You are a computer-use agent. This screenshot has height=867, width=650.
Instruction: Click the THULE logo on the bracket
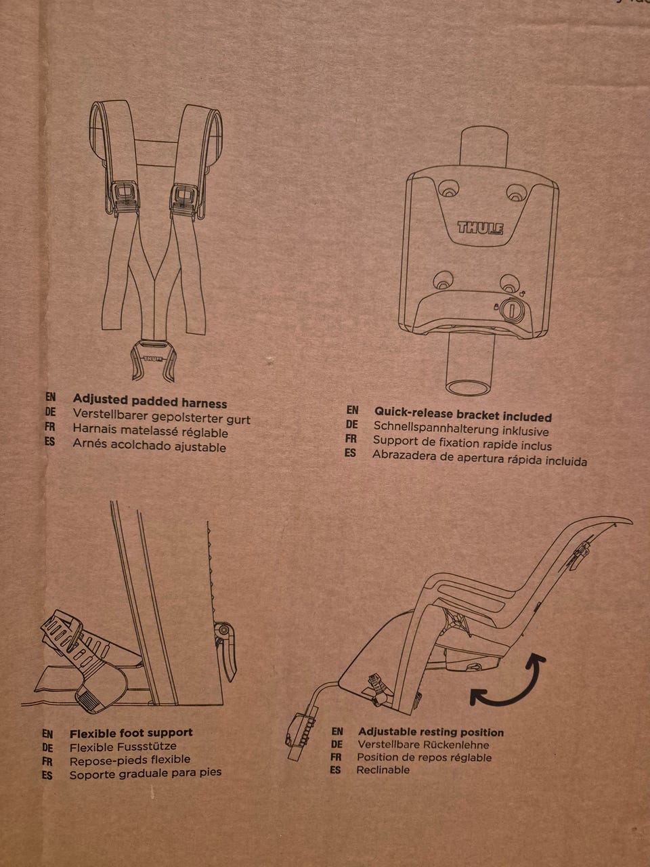click(480, 228)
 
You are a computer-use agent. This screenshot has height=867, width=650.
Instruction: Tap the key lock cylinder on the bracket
click(513, 309)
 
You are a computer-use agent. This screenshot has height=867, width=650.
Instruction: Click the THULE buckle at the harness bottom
click(153, 360)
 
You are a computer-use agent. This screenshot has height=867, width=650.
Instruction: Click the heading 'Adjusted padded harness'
click(150, 401)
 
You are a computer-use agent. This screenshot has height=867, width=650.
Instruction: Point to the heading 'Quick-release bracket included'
click(463, 415)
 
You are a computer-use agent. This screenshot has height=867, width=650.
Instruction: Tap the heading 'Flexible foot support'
click(131, 733)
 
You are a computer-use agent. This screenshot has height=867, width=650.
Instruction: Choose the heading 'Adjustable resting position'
click(431, 732)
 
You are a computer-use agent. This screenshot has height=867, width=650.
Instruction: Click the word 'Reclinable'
click(383, 769)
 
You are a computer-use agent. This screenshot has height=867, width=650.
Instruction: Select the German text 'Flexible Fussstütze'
click(123, 747)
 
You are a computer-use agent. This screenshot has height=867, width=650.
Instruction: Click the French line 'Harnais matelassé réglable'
click(150, 430)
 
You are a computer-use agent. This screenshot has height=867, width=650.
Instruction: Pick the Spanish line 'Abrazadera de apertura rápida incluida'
click(479, 458)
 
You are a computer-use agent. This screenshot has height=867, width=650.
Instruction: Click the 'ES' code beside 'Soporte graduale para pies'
click(47, 776)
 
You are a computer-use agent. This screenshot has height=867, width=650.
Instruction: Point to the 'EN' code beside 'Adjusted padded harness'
click(51, 398)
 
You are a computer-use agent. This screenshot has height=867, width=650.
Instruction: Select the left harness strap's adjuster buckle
click(125, 197)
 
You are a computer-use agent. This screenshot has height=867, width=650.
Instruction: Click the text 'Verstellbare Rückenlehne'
click(423, 745)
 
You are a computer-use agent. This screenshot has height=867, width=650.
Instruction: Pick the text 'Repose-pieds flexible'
click(130, 761)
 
